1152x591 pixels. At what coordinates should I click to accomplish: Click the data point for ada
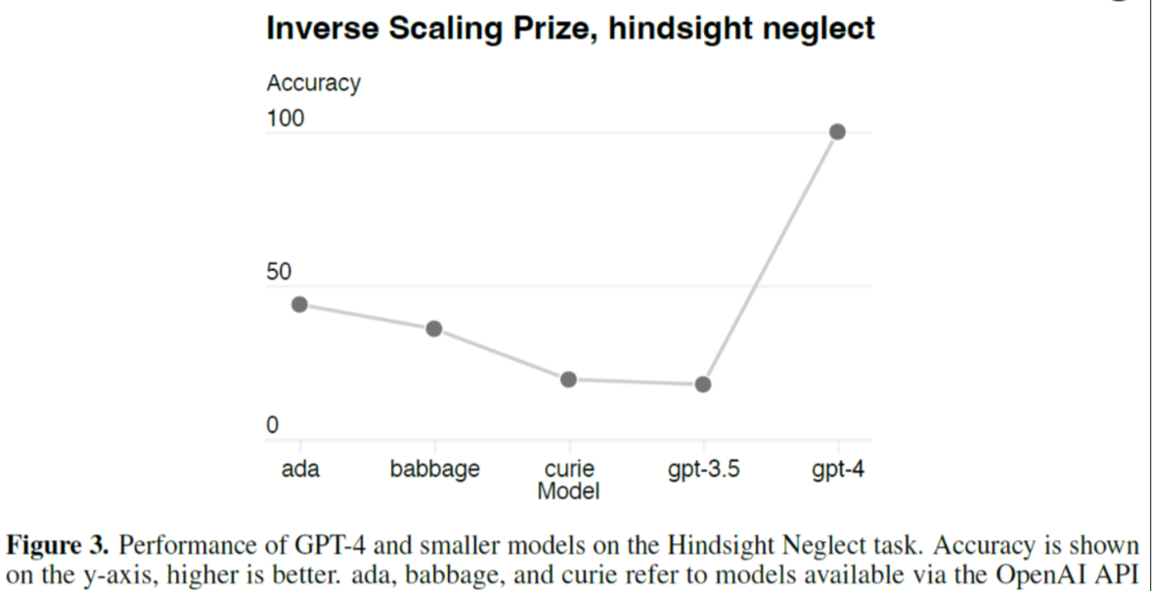(299, 304)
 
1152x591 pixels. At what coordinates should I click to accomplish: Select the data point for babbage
(434, 329)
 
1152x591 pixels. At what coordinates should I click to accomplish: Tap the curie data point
(568, 379)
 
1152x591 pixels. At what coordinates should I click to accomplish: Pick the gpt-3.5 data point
(703, 384)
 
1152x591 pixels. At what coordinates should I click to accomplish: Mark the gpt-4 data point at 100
(837, 132)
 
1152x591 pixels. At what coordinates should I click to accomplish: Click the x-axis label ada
(300, 470)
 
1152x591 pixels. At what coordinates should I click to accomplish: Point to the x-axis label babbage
(435, 470)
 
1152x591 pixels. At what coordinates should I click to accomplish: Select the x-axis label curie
(569, 470)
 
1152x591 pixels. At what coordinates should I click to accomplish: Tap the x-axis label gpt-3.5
(703, 470)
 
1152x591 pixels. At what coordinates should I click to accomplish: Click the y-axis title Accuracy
(313, 84)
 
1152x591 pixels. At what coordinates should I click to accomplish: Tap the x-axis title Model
(568, 490)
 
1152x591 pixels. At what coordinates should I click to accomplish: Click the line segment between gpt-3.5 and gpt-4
(770, 258)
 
